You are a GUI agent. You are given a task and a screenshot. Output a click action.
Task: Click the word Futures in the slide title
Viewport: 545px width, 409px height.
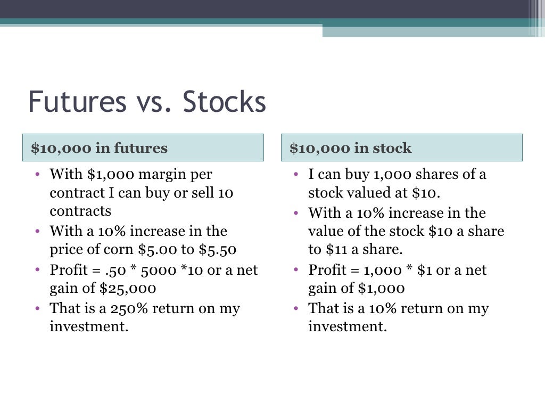77,102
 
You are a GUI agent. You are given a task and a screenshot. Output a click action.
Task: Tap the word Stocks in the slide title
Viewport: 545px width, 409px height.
224,102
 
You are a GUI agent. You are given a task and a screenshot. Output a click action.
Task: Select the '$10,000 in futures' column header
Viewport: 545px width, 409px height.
99,148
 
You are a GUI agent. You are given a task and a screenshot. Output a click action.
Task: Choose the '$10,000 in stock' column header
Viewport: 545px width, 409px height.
350,148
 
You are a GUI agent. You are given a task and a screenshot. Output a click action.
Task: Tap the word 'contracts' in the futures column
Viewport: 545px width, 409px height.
80,211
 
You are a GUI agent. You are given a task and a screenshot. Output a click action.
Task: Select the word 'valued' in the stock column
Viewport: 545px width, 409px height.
361,193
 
